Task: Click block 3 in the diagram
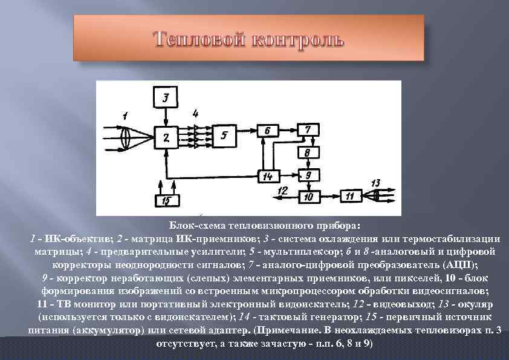[x=166, y=97]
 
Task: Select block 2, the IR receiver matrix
[x=166, y=138]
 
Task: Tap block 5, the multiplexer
[x=225, y=136]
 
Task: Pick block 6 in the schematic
[x=267, y=130]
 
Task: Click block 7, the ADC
[x=308, y=130]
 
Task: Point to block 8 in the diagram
[x=308, y=153]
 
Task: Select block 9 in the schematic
[x=308, y=175]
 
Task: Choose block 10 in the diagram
[x=308, y=196]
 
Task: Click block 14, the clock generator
[x=267, y=175]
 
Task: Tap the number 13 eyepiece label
[x=375, y=182]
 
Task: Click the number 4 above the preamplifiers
[x=195, y=113]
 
